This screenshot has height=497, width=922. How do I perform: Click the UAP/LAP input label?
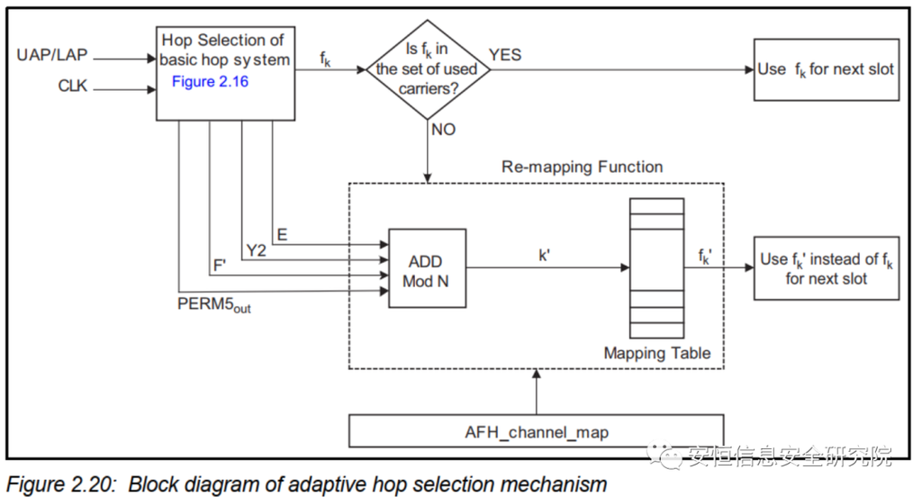tap(51, 56)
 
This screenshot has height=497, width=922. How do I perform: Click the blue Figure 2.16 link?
tap(210, 82)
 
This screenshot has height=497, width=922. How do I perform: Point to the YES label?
tap(505, 56)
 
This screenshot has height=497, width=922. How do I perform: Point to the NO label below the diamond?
tap(443, 130)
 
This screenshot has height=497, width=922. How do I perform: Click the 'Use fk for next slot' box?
tap(825, 69)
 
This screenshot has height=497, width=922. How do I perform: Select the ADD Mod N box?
tap(426, 268)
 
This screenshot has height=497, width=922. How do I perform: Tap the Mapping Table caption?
tap(656, 353)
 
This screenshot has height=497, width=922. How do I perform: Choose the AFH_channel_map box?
tap(536, 431)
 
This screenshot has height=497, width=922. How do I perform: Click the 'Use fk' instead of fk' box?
tap(825, 268)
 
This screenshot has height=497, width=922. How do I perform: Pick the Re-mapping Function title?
tap(582, 167)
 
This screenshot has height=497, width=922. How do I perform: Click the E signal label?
tap(282, 235)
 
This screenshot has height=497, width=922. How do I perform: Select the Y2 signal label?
tap(256, 250)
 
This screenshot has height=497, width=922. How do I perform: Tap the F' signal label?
tap(220, 267)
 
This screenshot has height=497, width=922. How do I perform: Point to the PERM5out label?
tap(213, 304)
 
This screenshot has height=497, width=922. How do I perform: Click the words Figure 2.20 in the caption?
tap(61, 483)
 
